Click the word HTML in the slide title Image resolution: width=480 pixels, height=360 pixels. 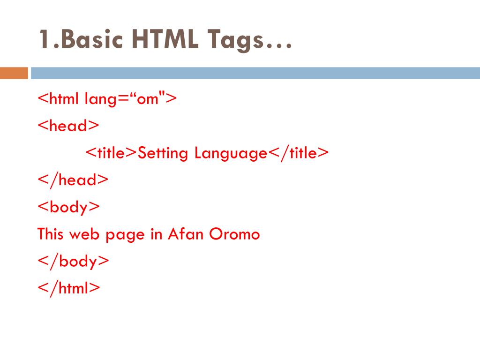[162, 39]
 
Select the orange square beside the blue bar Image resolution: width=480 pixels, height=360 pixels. [14, 73]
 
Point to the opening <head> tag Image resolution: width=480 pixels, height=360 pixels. [68, 126]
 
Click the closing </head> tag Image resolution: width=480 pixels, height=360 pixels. [73, 180]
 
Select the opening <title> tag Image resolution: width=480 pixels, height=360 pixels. [112, 153]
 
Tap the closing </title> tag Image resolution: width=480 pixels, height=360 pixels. [298, 153]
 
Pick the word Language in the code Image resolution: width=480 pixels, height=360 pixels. [231, 153]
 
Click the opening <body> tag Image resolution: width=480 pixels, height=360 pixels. [69, 207]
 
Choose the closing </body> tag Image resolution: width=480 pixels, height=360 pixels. [74, 261]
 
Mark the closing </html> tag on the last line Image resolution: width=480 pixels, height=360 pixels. [69, 288]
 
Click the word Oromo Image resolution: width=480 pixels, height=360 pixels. [234, 233]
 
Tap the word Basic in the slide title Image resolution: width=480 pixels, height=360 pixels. [89, 39]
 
